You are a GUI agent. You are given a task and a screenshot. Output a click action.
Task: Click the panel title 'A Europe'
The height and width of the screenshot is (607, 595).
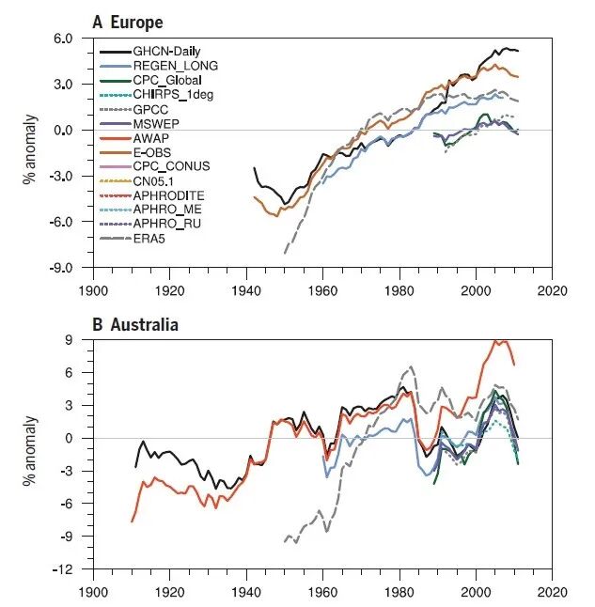point(128,23)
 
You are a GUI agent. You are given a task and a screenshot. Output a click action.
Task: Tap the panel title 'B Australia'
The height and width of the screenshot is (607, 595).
point(135,324)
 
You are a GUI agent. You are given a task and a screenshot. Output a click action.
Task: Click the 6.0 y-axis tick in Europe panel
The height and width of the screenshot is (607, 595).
point(63,39)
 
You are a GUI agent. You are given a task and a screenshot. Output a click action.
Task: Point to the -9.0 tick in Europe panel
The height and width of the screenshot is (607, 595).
point(61,268)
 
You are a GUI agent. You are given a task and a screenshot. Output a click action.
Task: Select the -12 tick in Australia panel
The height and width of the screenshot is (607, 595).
point(63,569)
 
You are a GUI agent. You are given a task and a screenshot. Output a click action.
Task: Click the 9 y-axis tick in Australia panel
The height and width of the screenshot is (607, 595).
point(69,340)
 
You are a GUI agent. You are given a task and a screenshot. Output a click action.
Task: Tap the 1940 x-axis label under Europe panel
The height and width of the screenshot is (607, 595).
point(246,290)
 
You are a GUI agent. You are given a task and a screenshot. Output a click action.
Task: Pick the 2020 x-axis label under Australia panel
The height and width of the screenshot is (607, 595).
point(552,592)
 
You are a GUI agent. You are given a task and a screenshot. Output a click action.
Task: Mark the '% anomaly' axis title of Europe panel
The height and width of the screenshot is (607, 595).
point(30,149)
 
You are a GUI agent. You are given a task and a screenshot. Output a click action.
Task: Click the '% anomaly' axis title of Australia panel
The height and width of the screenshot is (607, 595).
point(30,451)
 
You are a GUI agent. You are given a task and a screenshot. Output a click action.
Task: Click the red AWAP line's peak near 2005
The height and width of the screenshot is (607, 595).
point(494,341)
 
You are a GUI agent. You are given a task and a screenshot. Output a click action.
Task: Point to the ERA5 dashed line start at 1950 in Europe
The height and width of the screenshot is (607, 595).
point(285,253)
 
